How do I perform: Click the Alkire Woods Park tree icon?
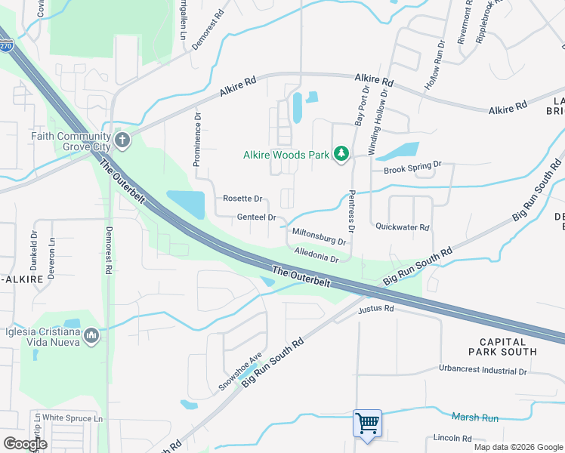pyautogui.click(x=341, y=154)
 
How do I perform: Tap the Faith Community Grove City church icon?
pyautogui.click(x=122, y=140)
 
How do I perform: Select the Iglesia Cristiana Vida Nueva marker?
pyautogui.click(x=92, y=334)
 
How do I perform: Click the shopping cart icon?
pyautogui.click(x=367, y=423)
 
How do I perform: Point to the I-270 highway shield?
pyautogui.click(x=5, y=46)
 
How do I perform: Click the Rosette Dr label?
pyautogui.click(x=242, y=199)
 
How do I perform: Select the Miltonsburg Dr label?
pyautogui.click(x=318, y=237)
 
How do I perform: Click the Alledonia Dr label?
pyautogui.click(x=316, y=257)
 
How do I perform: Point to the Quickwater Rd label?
pyautogui.click(x=402, y=226)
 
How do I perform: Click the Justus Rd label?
pyautogui.click(x=376, y=309)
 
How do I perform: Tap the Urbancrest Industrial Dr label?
pyautogui.click(x=482, y=371)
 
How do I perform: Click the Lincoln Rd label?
pyautogui.click(x=452, y=438)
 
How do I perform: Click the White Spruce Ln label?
pyautogui.click(x=73, y=418)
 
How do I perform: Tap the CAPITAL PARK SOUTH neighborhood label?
pyautogui.click(x=502, y=346)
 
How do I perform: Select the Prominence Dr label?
pyautogui.click(x=197, y=140)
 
